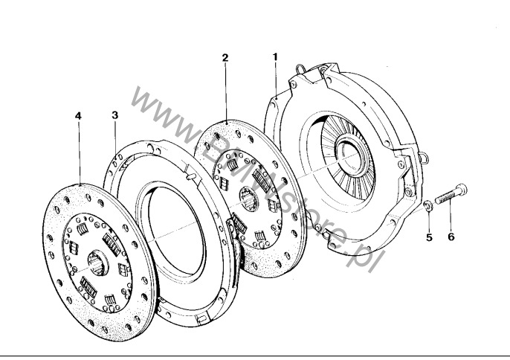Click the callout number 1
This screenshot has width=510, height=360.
pos(275,56)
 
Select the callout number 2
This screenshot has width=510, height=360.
pos(225,57)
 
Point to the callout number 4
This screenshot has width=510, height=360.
pos(78,115)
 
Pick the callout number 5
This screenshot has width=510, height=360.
pos(428,238)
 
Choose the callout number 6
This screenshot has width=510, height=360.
pos(450,238)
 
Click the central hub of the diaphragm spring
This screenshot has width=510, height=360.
pos(351,158)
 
